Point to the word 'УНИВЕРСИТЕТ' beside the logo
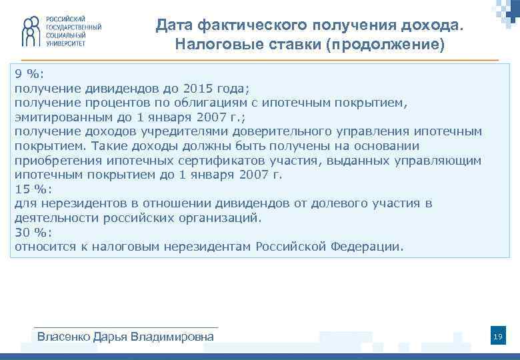point(66,43)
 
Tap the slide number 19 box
point(497,338)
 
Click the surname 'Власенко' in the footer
point(61,337)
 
